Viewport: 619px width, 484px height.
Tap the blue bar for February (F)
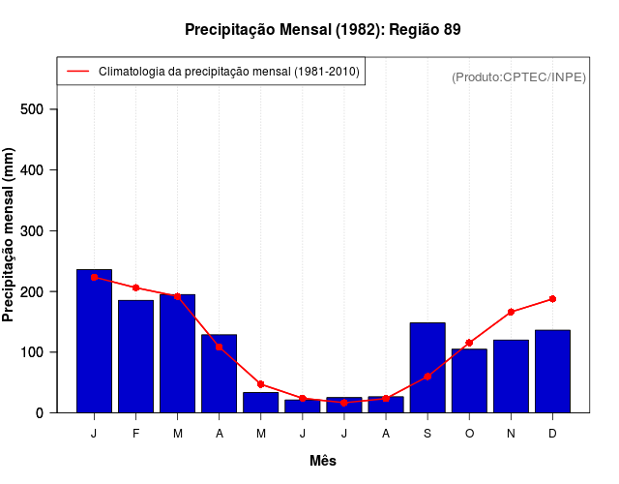(135, 356)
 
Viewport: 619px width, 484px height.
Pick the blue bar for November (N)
(511, 376)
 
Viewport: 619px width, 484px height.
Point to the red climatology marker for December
(552, 299)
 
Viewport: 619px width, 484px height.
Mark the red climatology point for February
(135, 287)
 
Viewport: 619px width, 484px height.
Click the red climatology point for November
(511, 312)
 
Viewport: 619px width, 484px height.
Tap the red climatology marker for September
(427, 377)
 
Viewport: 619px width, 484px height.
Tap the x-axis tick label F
(135, 434)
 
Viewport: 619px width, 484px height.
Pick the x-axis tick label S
(427, 434)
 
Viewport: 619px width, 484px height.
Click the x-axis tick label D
(552, 434)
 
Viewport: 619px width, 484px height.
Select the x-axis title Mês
(323, 461)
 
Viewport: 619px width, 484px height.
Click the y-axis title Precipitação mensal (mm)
(10, 235)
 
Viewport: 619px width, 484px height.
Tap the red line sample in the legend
(77, 72)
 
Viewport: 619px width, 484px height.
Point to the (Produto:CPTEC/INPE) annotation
(518, 76)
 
